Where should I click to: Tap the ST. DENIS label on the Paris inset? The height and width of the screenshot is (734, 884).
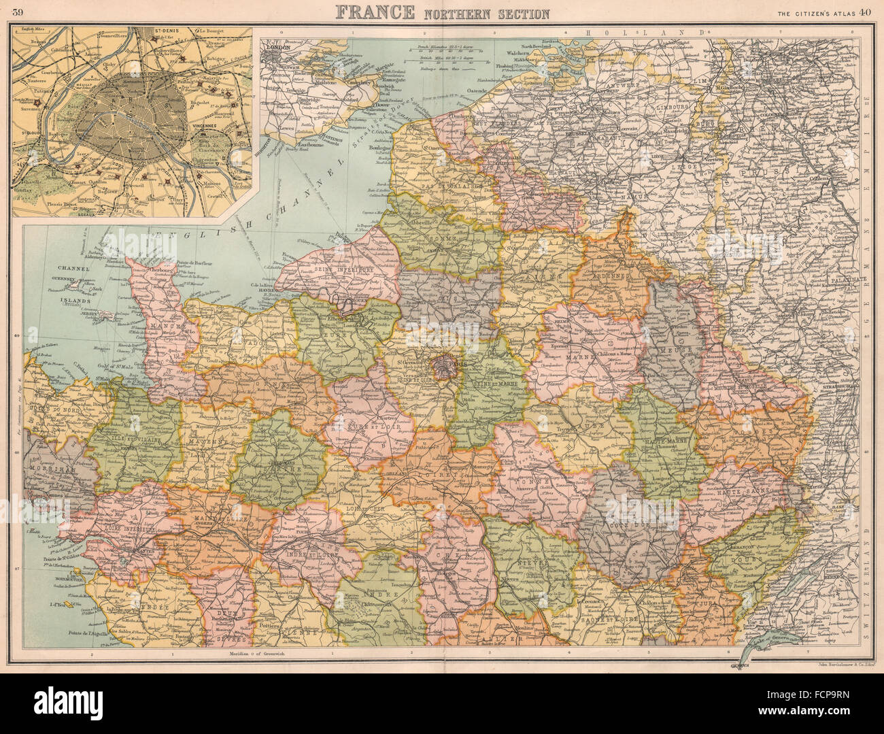coord(158,31)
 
